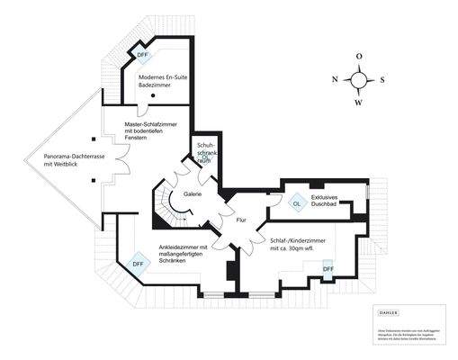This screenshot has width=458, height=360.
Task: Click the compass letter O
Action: [x=359, y=56]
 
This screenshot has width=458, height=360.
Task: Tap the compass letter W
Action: [x=359, y=102]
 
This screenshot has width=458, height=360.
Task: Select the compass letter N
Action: [x=336, y=79]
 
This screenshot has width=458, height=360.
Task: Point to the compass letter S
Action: [x=382, y=79]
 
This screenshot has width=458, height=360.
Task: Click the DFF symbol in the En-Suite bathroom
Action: [x=143, y=56]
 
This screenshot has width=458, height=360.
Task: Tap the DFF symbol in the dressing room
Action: [x=138, y=264]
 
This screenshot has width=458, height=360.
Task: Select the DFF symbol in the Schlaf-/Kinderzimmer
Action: [x=328, y=268]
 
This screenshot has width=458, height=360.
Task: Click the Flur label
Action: [x=241, y=220]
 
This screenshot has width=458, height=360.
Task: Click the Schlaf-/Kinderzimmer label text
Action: [x=297, y=246]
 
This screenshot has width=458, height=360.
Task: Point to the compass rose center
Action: [x=359, y=79]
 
